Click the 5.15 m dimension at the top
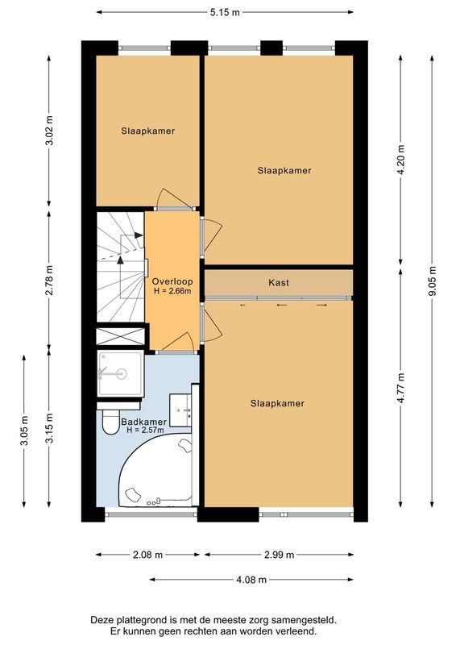click(x=225, y=13)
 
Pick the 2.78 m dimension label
click(x=50, y=281)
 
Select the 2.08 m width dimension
click(x=147, y=555)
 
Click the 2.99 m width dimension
click(x=279, y=555)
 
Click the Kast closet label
click(x=279, y=283)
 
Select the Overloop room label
click(x=171, y=281)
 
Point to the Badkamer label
click(x=143, y=422)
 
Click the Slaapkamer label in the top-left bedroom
click(x=148, y=131)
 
